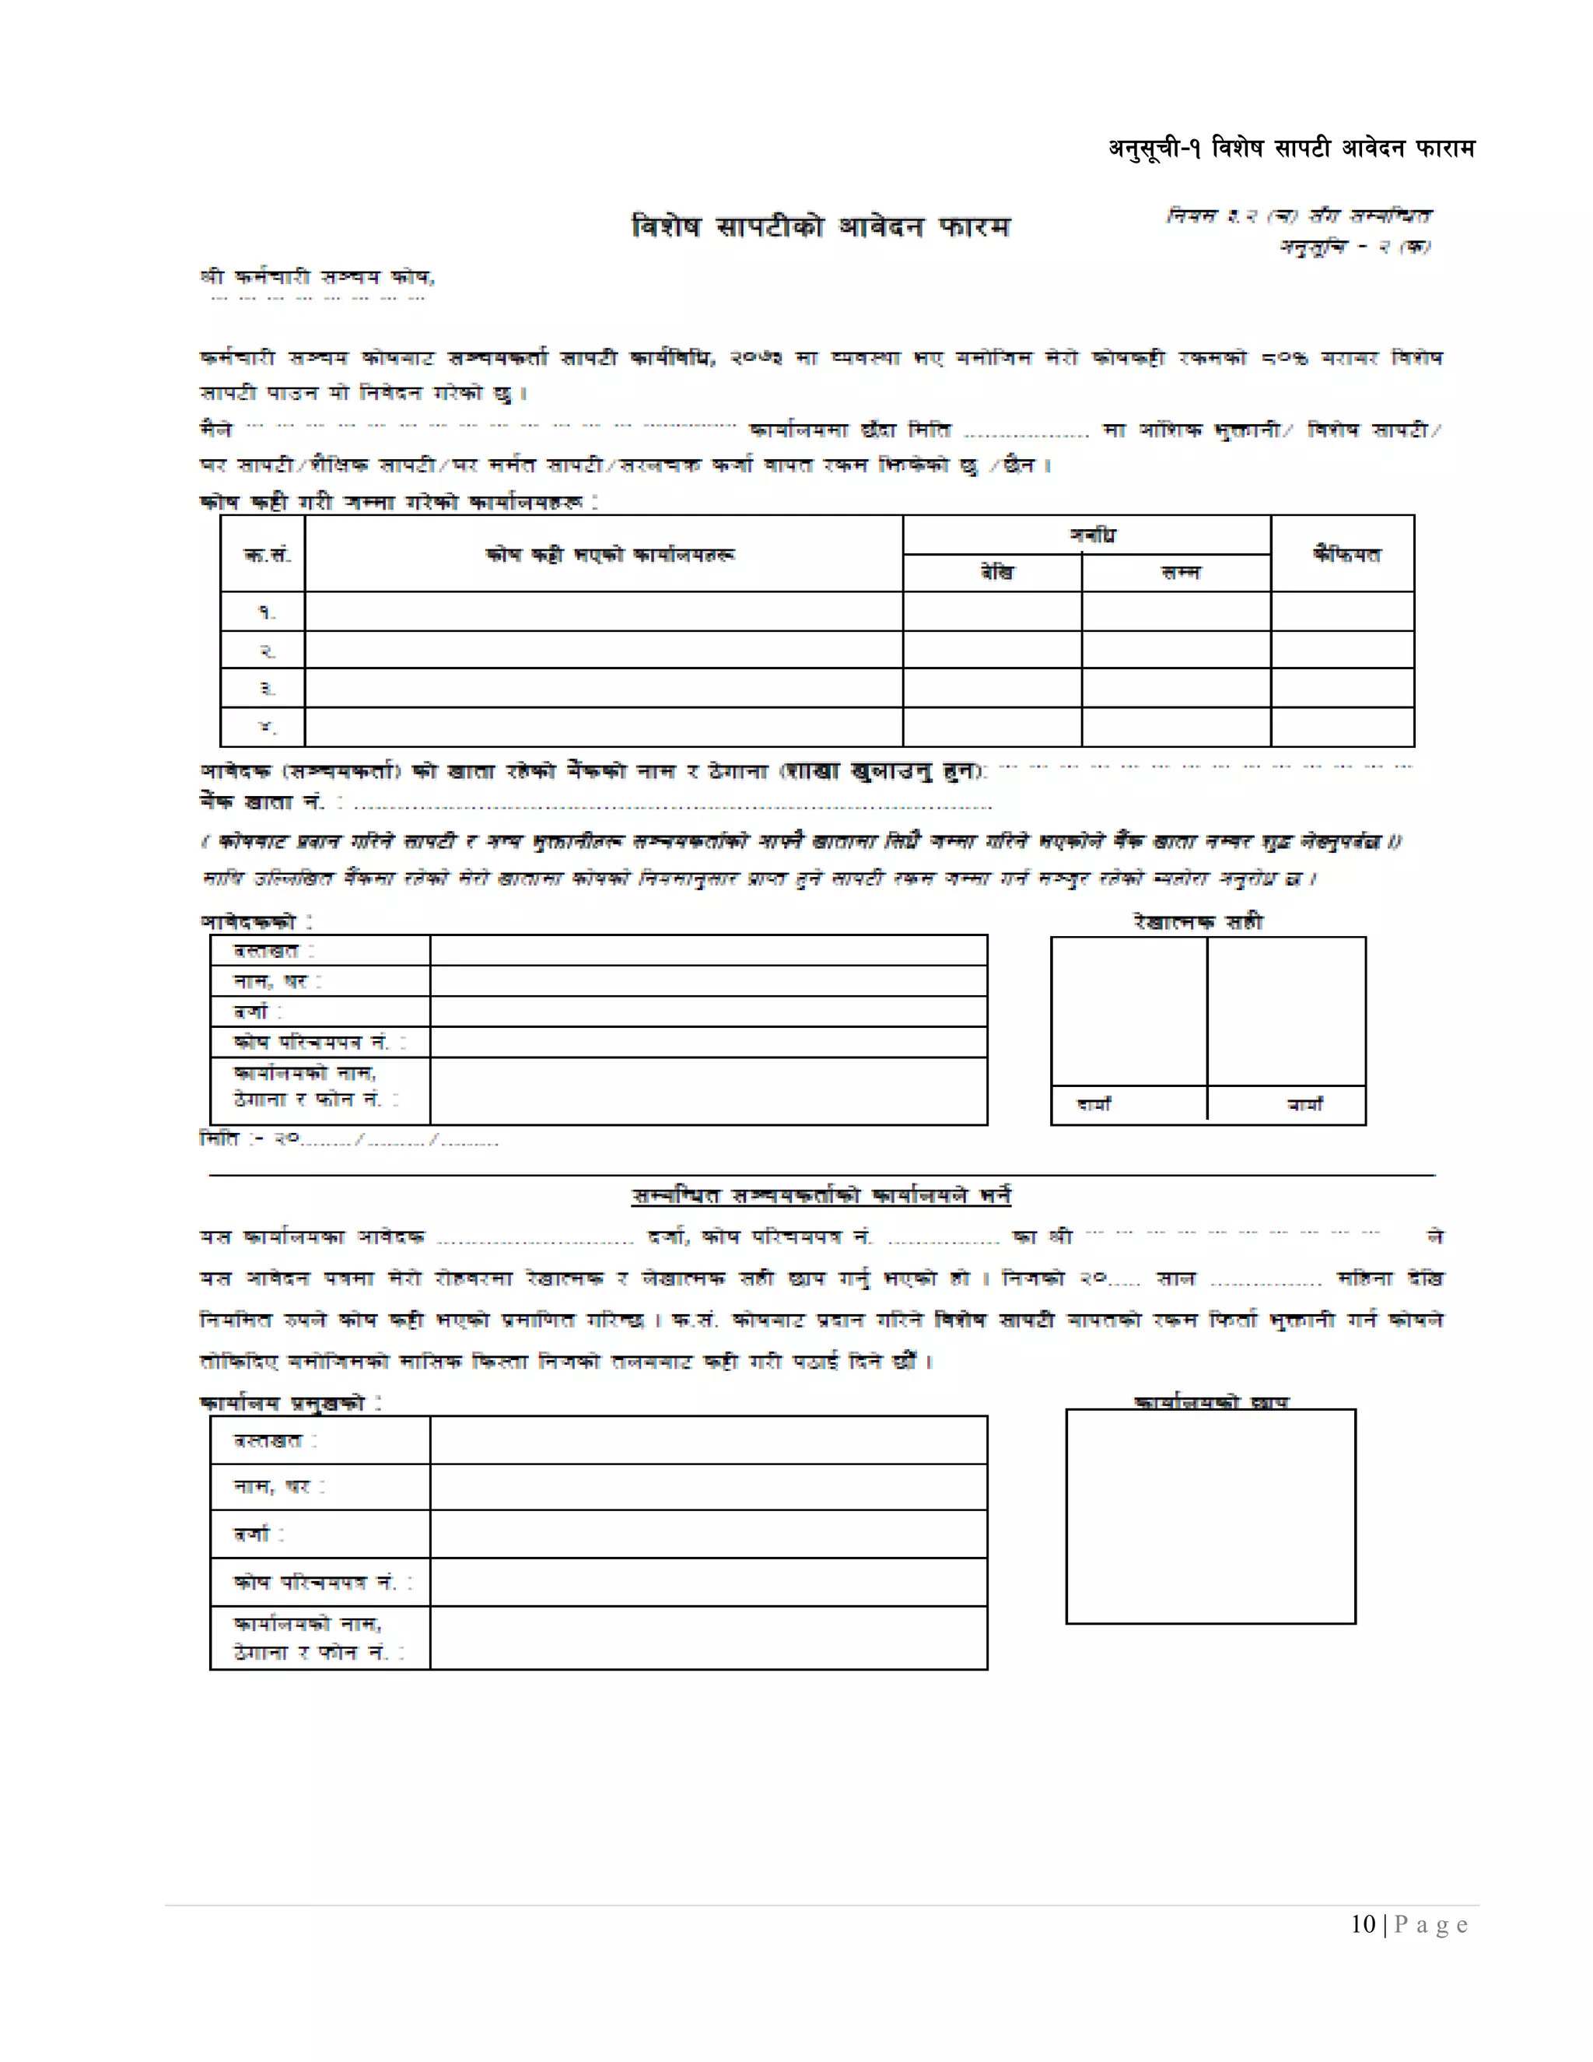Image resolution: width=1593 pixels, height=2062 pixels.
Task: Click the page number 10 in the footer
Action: pos(1362,1924)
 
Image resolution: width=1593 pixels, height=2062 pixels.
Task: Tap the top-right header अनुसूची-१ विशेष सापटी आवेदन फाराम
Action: pos(1291,148)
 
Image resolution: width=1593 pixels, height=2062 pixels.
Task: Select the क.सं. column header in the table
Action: pos(266,554)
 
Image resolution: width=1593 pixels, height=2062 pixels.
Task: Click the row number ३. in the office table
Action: pos(266,689)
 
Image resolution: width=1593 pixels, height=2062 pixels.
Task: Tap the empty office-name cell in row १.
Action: pos(604,612)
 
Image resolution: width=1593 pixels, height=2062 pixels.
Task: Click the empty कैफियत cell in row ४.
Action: pos(1342,727)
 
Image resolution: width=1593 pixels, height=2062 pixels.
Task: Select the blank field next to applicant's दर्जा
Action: pos(708,1012)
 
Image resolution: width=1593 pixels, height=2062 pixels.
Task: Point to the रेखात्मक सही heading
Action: pos(1198,921)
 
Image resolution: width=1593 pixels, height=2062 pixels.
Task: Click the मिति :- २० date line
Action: pos(349,1140)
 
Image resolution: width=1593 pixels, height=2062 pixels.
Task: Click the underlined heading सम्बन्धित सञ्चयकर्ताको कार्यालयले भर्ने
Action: pos(821,1195)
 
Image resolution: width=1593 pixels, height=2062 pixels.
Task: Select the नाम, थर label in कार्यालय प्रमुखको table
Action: pos(278,1486)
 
